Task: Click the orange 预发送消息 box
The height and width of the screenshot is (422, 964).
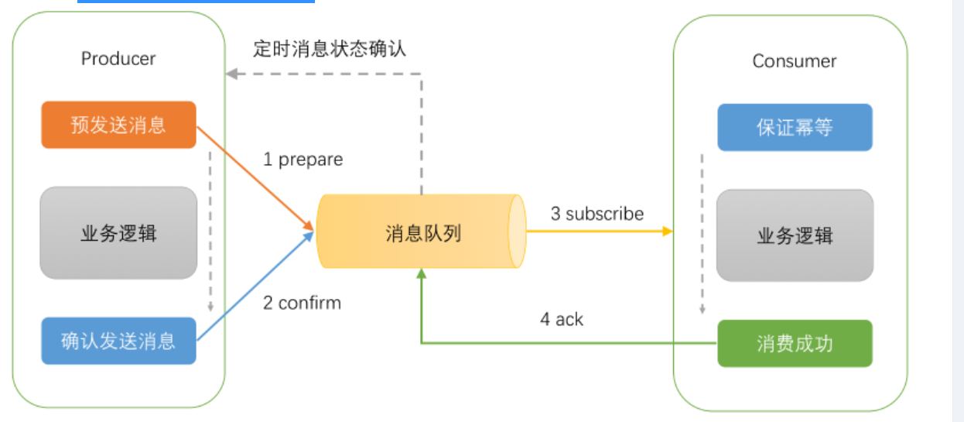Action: (118, 125)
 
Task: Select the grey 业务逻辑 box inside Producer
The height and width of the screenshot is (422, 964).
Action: (118, 233)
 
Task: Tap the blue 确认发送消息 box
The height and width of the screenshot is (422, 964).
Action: (118, 341)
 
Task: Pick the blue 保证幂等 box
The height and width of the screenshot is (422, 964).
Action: (795, 127)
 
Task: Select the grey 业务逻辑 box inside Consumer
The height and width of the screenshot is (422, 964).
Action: (795, 235)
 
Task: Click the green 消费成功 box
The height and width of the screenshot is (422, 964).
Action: (795, 343)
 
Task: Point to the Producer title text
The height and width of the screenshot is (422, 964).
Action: (118, 59)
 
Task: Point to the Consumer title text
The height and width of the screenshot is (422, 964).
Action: (795, 61)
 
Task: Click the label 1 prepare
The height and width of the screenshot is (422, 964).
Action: (303, 160)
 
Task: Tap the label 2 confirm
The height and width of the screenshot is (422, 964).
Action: (302, 302)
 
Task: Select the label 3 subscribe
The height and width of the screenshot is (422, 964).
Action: (597, 214)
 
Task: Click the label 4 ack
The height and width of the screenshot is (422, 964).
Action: (561, 319)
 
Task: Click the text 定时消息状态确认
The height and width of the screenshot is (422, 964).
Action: (330, 48)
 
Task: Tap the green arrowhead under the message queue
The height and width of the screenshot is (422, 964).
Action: (422, 274)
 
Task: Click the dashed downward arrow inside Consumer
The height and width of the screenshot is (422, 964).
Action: (702, 232)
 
